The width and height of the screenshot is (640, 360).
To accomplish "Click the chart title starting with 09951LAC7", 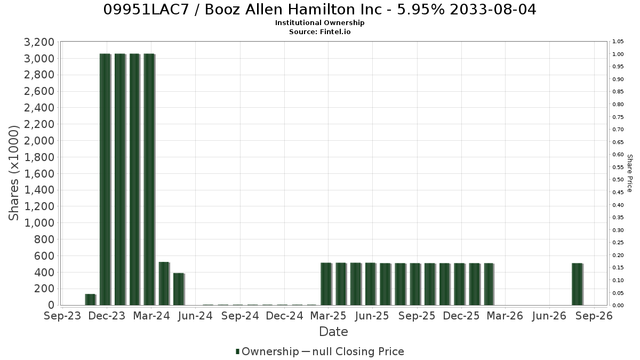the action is pos(319,10).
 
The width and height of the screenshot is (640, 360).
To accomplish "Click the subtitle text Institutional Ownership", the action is pos(319,23).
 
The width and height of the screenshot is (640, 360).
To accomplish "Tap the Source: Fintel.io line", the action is pos(319,31).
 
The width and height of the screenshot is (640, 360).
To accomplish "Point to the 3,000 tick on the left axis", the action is pos(39,58).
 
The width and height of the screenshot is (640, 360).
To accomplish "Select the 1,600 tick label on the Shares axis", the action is pos(39,173).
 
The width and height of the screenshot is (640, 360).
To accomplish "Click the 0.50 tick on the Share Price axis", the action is pos(618,179).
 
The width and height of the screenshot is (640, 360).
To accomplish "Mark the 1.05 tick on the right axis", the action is pos(618,42).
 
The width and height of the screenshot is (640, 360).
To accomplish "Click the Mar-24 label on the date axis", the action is pos(151,316).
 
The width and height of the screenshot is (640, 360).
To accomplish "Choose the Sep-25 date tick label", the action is pos(417,316).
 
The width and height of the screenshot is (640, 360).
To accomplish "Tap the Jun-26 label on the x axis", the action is pos(549,316).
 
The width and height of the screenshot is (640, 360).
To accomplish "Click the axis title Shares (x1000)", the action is pos(13,173).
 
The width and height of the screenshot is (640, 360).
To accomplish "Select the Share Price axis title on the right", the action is pos(629,173).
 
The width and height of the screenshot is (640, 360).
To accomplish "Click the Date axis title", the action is pos(333,332).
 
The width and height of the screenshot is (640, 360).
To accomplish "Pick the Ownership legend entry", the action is pos(267,351).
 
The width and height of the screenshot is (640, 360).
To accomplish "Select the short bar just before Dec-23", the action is pos(90,299).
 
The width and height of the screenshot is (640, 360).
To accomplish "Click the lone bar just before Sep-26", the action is pos(577,284).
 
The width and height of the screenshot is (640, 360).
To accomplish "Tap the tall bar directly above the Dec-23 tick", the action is pos(105,179).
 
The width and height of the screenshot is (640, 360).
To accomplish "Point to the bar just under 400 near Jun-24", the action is pos(179,289).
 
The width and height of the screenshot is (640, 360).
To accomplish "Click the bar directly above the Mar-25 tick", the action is pos(326,284).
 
